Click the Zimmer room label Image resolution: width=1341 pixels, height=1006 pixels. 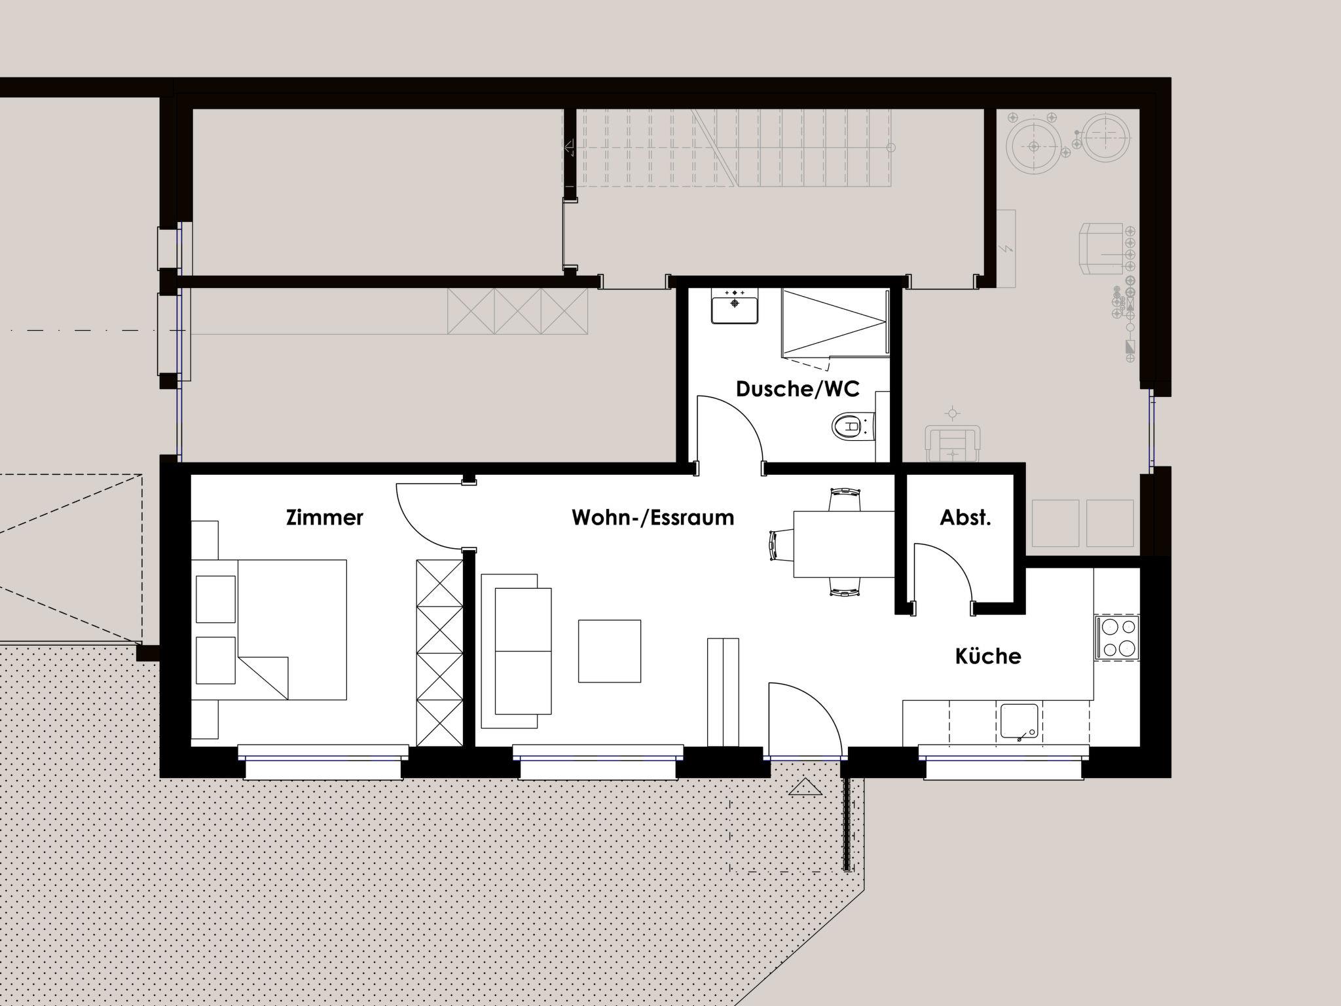[324, 517]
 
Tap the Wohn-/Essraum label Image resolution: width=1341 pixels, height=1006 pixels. [653, 517]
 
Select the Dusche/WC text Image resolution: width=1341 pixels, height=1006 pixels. [798, 389]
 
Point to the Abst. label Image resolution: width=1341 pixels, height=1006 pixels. [965, 517]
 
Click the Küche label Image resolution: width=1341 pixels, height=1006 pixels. [988, 656]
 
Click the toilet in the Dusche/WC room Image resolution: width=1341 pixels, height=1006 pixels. [853, 427]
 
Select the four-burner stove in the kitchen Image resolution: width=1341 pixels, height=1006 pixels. [1117, 637]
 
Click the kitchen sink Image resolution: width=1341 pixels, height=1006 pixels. [1020, 722]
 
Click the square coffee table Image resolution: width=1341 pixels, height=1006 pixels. [609, 651]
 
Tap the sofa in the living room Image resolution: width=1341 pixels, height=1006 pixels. [516, 651]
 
